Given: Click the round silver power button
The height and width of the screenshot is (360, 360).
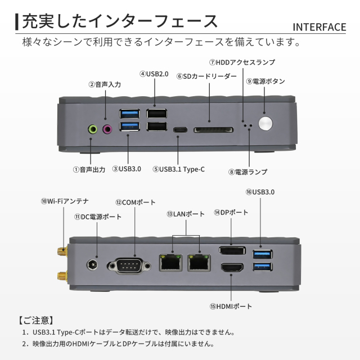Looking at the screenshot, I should pos(265,123).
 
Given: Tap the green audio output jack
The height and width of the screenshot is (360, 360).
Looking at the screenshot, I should pos(93,129).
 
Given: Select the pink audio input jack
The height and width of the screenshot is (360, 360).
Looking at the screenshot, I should pos(109,129).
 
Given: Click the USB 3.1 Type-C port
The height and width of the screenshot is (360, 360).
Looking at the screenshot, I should pos(181,129).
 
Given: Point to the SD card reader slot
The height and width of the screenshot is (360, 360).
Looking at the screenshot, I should pos(213,130).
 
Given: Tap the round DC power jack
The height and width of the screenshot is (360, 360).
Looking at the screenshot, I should pos(92,264).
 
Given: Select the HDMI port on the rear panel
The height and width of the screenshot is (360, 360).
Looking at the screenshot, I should pos(232,269).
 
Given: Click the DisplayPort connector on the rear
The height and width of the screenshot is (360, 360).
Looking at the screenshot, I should pos(232,251).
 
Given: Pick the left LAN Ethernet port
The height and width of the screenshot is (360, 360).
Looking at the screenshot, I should pos(169,262).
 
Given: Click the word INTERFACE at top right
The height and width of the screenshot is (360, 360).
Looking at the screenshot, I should pos(319,28).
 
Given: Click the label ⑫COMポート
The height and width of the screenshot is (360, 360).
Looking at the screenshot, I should pos(135,202).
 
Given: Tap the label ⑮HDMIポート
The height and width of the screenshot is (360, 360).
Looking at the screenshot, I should pos(231,307).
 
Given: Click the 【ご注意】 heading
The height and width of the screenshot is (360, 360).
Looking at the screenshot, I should pos(36,320).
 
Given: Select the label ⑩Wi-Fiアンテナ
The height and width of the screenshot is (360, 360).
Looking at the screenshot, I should pos(64,201).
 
